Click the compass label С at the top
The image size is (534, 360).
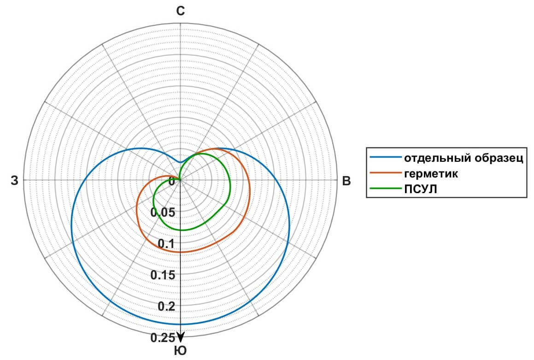point(181,12)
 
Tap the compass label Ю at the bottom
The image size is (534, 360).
point(181,351)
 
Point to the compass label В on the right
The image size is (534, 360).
point(346,181)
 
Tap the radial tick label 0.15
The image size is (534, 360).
point(164,275)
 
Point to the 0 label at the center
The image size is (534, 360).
point(172,181)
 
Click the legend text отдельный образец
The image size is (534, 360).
point(464,159)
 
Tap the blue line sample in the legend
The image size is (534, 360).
point(385,158)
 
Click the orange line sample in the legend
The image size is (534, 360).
point(385,173)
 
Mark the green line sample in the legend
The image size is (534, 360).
point(385,189)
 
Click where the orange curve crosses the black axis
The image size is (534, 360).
point(181,252)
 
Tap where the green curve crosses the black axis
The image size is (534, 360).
point(181,230)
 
